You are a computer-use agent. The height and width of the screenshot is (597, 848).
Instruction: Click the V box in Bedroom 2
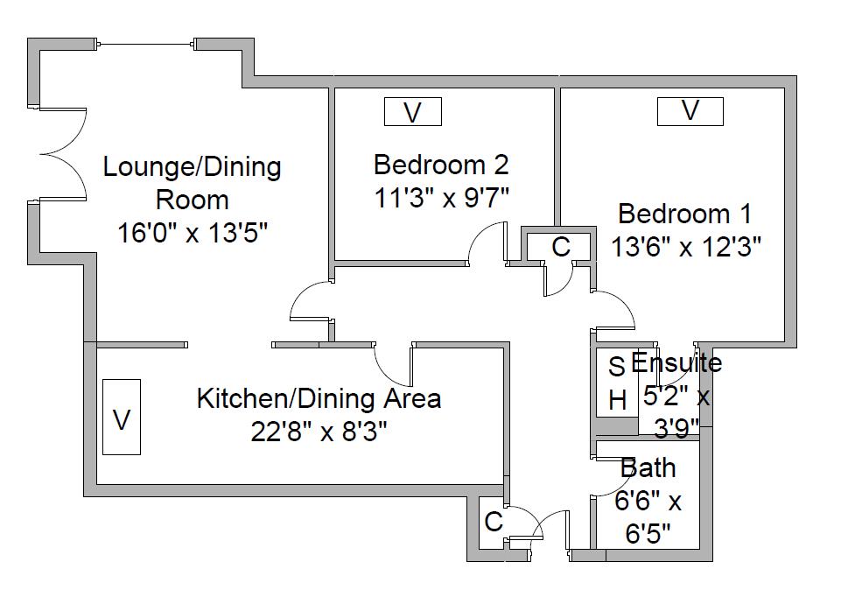coord(413,112)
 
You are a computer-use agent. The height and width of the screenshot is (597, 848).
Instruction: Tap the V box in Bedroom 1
coord(690,111)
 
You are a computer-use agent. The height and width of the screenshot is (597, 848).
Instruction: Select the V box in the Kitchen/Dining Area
coord(122,417)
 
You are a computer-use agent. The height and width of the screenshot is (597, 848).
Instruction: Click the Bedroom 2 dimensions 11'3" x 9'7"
coord(442,199)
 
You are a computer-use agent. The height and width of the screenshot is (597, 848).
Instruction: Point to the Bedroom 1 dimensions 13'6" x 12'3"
coord(686,247)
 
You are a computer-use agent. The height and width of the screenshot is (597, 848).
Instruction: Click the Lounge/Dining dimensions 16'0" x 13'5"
coord(193,234)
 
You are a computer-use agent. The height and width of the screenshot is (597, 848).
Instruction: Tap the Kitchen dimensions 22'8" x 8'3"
coord(319,432)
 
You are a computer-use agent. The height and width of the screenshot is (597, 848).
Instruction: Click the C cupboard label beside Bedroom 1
coord(561,247)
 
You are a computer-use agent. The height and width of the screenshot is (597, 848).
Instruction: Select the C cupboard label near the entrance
coord(494,522)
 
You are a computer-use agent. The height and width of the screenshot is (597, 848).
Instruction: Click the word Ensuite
coord(676,362)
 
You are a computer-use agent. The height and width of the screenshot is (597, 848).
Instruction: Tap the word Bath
coord(648,467)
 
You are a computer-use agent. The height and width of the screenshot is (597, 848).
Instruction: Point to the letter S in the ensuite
coord(617,367)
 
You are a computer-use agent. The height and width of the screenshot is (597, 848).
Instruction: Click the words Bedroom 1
coord(684,214)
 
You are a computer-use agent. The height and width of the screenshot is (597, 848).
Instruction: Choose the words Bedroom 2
coord(441,165)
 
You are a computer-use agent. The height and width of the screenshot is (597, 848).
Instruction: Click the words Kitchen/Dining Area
coord(319,398)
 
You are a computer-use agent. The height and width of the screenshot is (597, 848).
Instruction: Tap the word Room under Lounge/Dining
coord(192,200)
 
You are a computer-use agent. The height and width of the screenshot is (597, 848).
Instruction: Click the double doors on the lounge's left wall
coord(62,154)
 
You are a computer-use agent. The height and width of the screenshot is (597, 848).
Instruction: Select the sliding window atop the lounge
coord(146,45)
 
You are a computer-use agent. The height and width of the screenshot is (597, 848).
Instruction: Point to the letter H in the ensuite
coord(618,401)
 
